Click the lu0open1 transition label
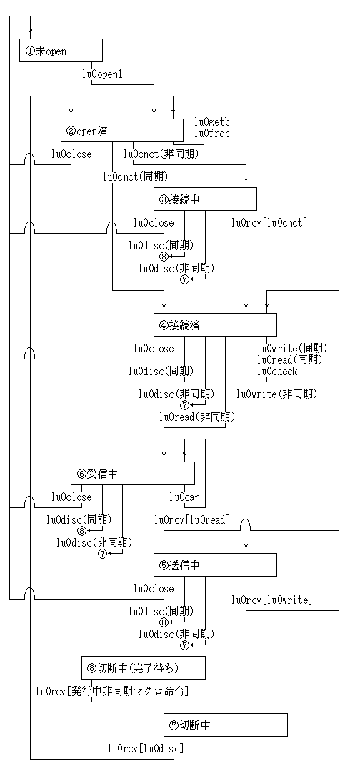(x=102, y=74)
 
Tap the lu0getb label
(x=212, y=121)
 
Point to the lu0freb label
(x=212, y=134)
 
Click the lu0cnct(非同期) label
(x=161, y=154)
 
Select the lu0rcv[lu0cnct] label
(x=270, y=223)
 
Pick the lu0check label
(x=277, y=371)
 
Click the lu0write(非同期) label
(x=277, y=394)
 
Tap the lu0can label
(x=184, y=497)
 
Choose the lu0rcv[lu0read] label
(x=192, y=519)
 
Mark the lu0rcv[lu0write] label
(x=272, y=600)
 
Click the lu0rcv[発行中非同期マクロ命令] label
(x=112, y=691)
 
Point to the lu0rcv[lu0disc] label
(x=146, y=748)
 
